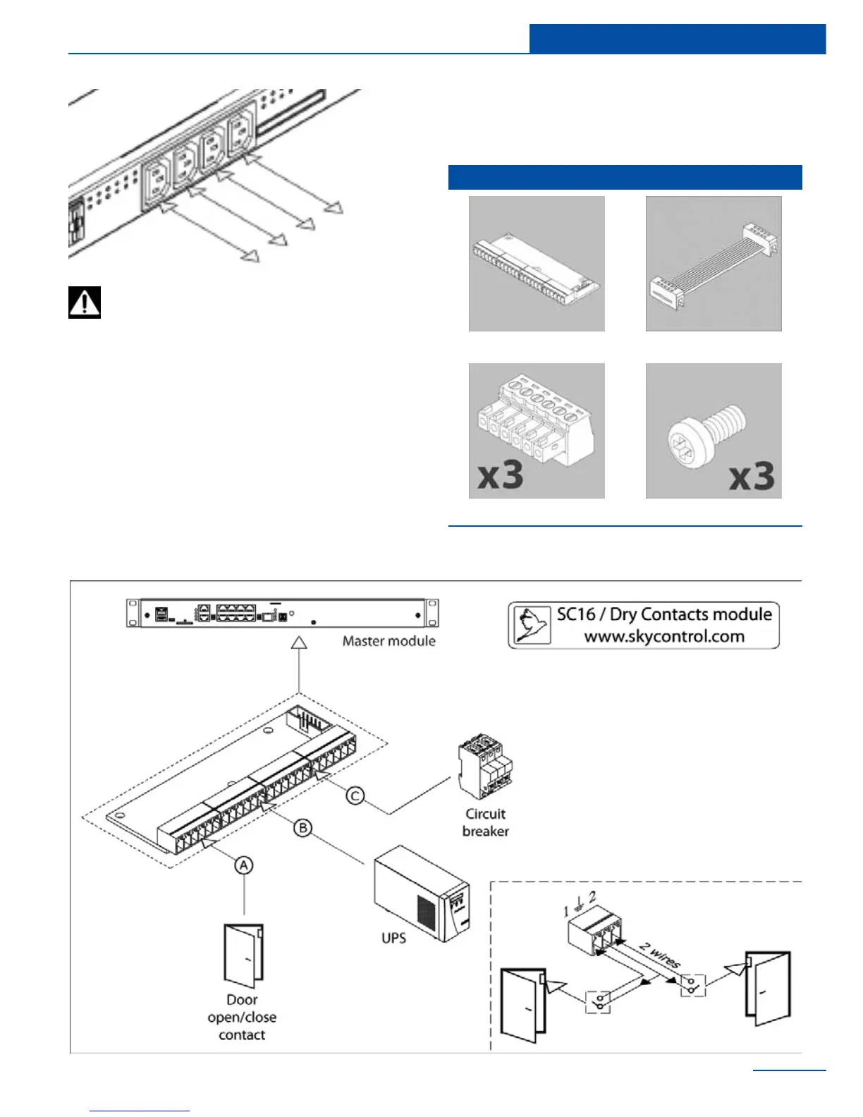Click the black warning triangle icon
click(85, 303)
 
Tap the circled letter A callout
click(243, 865)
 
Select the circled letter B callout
click(302, 827)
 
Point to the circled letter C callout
click(355, 795)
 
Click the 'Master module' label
click(388, 641)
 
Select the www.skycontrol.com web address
click(664, 636)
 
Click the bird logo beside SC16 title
click(532, 625)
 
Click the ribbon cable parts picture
click(714, 264)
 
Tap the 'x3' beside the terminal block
click(501, 475)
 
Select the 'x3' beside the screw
click(752, 477)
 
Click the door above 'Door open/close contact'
click(243, 956)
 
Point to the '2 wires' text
click(660, 953)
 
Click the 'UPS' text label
click(393, 938)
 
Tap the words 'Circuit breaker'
click(485, 822)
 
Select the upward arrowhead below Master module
click(300, 642)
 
